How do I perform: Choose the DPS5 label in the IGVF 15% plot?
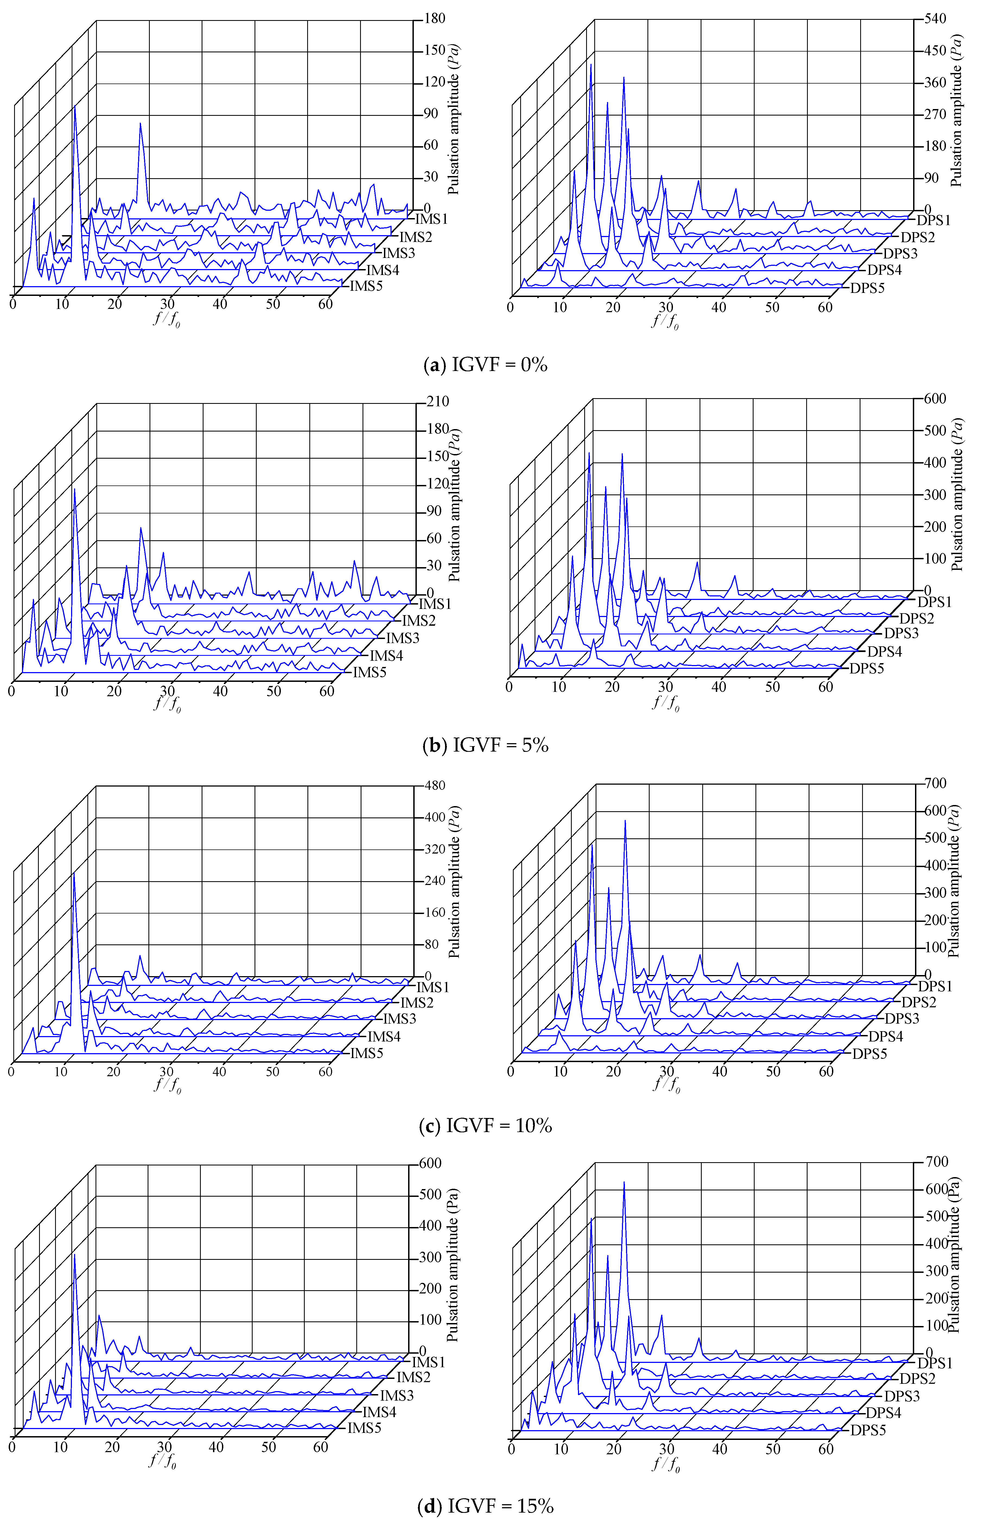tap(868, 1430)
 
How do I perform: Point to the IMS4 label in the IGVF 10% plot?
tap(383, 1037)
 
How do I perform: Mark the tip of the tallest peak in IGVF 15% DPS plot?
tap(623, 1182)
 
